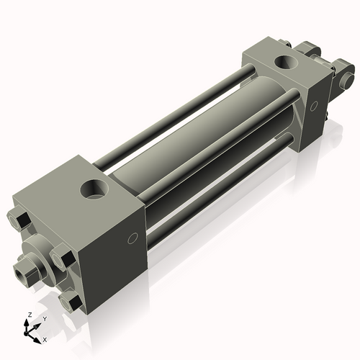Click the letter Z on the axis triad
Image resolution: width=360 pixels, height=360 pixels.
30,315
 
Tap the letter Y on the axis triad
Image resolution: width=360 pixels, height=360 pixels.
45,319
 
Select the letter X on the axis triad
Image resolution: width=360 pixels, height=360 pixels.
45,340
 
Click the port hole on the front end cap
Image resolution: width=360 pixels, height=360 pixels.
94,189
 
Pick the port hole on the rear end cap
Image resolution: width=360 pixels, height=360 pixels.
286,62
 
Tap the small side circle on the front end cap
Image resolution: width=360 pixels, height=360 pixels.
132,238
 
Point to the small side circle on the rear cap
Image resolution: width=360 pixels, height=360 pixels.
314,106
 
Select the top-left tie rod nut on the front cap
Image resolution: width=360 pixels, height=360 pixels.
19,219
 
